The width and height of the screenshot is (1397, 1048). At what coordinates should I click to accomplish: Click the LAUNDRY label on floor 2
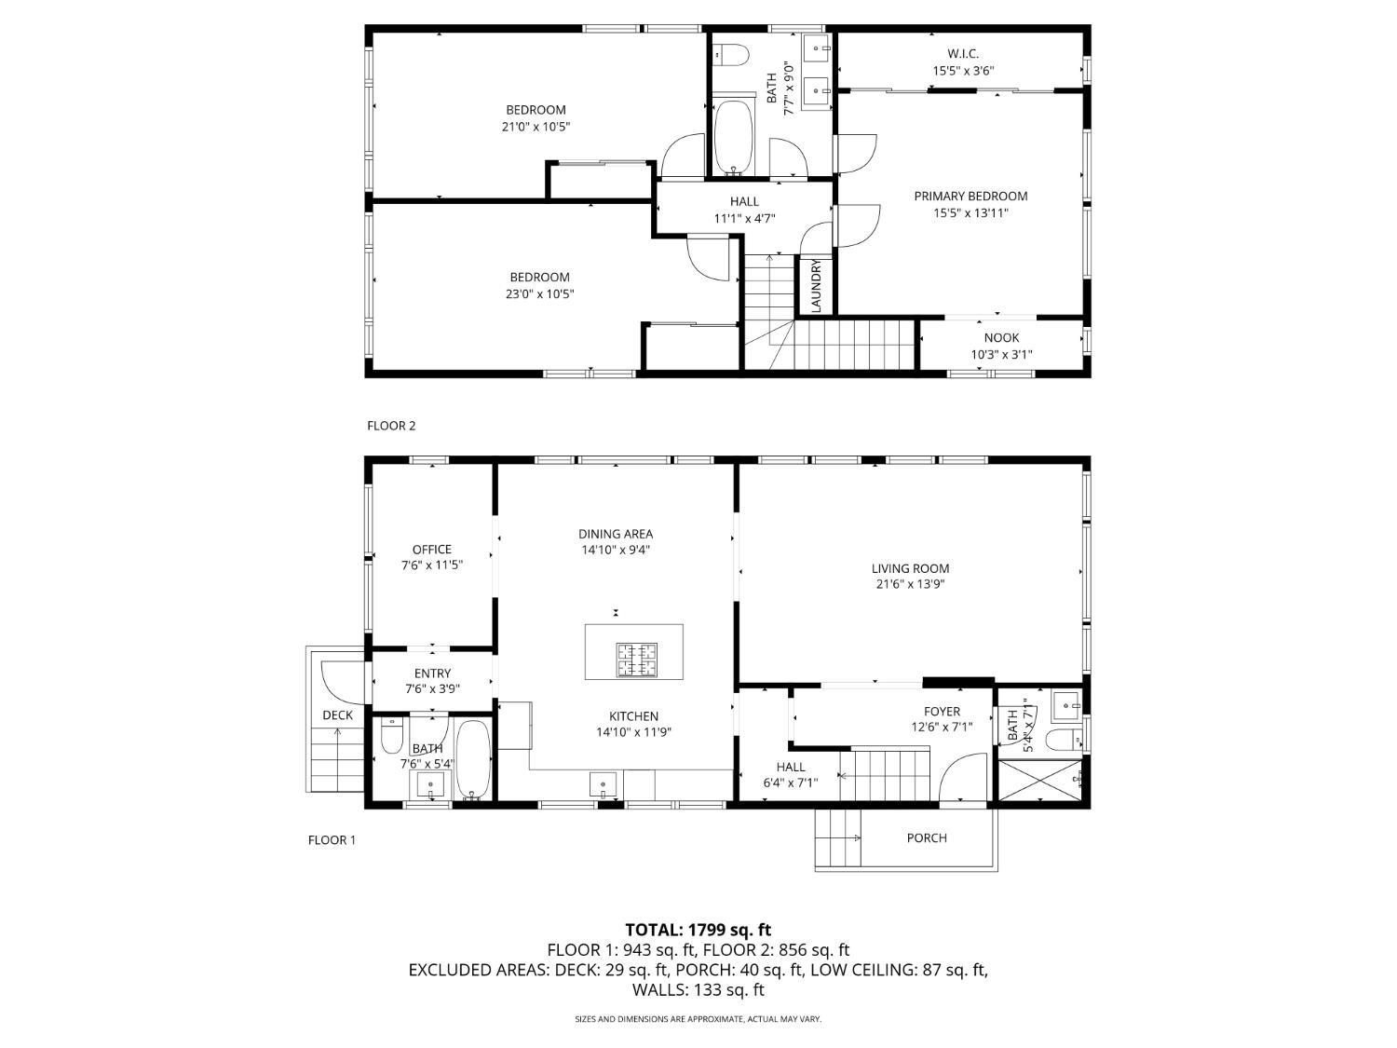point(816,285)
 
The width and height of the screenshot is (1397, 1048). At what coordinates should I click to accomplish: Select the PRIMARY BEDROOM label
point(970,196)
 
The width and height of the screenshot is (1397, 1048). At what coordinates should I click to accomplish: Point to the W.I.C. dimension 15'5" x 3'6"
point(963,70)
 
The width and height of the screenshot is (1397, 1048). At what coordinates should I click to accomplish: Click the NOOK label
point(1001,337)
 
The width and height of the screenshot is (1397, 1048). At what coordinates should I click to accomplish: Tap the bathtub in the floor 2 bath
point(736,137)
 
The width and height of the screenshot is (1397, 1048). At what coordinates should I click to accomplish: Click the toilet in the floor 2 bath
point(732,55)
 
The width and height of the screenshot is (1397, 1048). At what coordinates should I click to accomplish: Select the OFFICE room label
point(432,550)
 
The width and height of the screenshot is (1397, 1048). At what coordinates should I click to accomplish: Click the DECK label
point(338,715)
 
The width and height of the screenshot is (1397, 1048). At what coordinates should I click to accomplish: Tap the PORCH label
point(927,837)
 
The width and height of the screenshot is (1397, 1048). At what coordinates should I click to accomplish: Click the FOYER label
point(942,711)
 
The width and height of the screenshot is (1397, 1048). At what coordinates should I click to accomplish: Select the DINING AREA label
point(616,534)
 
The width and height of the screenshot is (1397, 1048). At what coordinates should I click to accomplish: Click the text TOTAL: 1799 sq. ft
point(698,930)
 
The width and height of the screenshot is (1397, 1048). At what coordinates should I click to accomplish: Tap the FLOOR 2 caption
point(391,426)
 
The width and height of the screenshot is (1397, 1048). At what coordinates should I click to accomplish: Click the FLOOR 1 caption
point(332,839)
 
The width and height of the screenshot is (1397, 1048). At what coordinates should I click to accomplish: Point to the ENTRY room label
point(432,673)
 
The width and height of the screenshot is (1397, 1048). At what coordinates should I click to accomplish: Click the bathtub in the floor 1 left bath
point(473,759)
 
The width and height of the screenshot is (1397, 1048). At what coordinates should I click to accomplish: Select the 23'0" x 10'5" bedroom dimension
point(539,294)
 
